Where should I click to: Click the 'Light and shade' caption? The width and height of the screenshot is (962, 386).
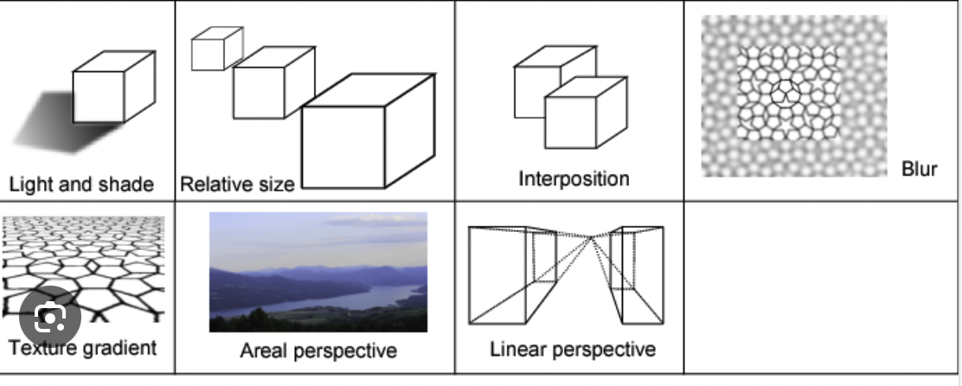80,184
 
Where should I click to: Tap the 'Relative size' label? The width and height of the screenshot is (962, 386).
236,183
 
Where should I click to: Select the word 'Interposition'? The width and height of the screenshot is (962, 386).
574,179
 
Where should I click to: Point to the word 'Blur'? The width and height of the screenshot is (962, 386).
919,169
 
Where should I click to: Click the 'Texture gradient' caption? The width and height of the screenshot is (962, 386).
83,348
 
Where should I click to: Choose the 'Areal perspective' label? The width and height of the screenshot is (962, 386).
317,351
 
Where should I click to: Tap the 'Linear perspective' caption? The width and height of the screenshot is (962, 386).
572,350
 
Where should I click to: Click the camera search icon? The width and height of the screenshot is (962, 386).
49,319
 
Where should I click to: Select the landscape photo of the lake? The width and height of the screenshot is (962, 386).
317,272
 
